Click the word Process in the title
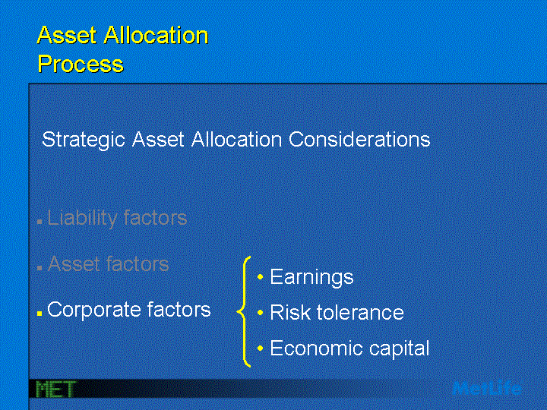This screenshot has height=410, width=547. (81, 64)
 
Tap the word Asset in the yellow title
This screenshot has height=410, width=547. (67, 35)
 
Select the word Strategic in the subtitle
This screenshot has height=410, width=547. (84, 140)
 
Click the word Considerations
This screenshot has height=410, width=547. (359, 140)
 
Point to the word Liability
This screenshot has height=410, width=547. (82, 219)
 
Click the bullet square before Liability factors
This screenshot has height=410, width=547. (40, 222)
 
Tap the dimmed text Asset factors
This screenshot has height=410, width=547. (108, 263)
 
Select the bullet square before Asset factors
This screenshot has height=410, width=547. (40, 268)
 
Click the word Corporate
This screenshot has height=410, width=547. (94, 310)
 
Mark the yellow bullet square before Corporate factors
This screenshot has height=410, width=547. (40, 314)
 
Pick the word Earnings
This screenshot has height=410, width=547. (311, 278)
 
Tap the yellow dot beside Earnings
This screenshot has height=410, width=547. (260, 277)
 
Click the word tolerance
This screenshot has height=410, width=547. (360, 312)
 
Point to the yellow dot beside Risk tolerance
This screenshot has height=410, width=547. (260, 312)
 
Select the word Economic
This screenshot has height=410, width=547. (316, 348)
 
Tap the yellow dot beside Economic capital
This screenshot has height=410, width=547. (260, 348)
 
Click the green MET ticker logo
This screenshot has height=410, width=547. (55, 389)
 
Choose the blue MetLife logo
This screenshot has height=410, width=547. (487, 388)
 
